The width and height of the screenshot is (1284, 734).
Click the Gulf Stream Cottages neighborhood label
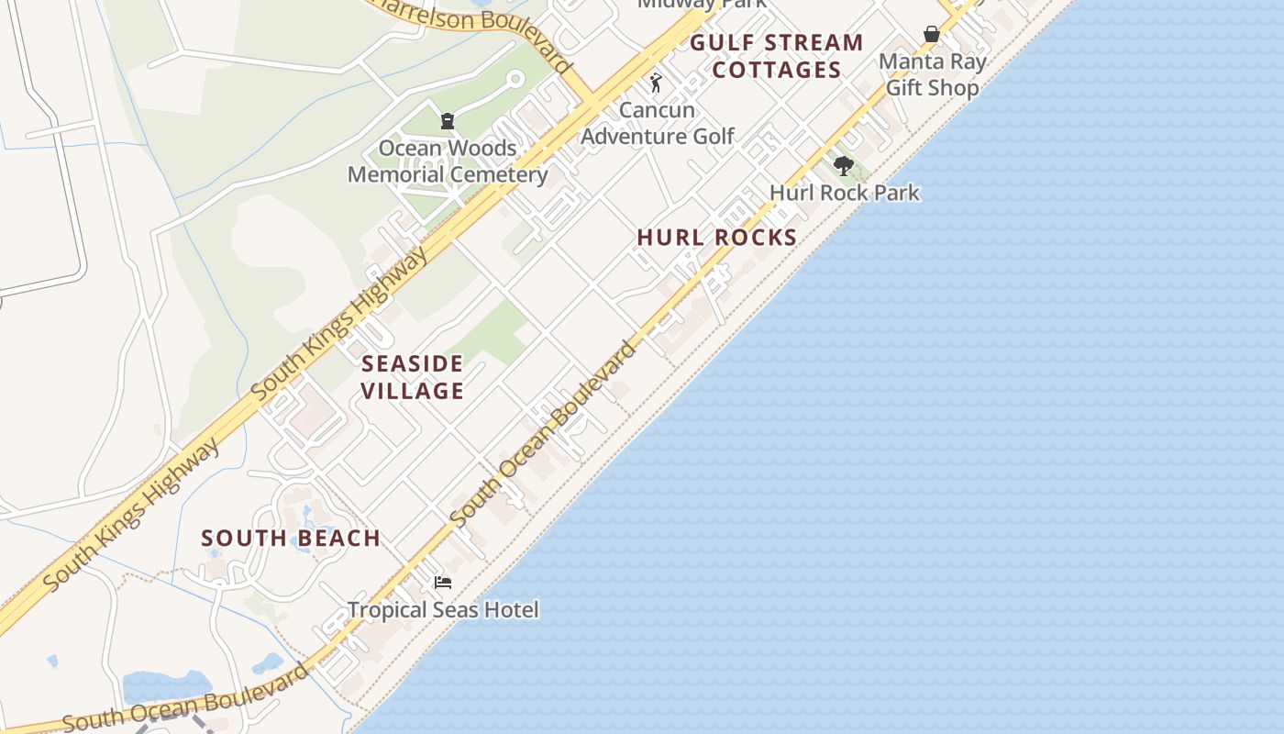pyautogui.click(x=777, y=56)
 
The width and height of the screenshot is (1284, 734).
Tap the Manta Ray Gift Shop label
pyautogui.click(x=932, y=75)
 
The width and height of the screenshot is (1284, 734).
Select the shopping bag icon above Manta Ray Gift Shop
pyautogui.click(x=932, y=35)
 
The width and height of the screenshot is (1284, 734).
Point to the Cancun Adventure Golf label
pyautogui.click(x=658, y=123)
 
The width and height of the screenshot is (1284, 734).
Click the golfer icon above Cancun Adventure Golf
pyautogui.click(x=656, y=83)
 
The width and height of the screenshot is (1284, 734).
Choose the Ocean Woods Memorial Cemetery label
pyautogui.click(x=448, y=161)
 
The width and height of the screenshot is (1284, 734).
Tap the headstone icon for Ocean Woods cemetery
pyautogui.click(x=448, y=120)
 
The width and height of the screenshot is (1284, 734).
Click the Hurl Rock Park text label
pyautogui.click(x=844, y=193)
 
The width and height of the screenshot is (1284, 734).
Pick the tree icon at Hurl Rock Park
pyautogui.click(x=844, y=166)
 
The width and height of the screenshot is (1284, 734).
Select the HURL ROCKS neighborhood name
pyautogui.click(x=717, y=238)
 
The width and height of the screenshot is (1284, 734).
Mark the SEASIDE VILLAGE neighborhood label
pyautogui.click(x=412, y=377)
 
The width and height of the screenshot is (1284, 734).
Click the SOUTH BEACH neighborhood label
pyautogui.click(x=291, y=539)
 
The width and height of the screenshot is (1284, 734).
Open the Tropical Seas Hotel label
pyautogui.click(x=443, y=609)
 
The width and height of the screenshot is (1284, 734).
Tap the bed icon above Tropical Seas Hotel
pyautogui.click(x=443, y=583)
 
